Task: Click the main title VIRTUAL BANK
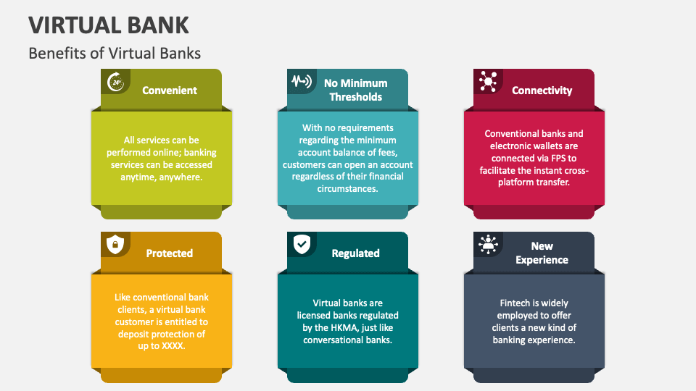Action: pyautogui.click(x=109, y=25)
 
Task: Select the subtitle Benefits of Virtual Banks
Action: pyautogui.click(x=115, y=54)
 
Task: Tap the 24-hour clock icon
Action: pyautogui.click(x=115, y=82)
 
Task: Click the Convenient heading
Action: pyautogui.click(x=170, y=91)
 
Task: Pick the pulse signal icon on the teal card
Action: pyautogui.click(x=301, y=81)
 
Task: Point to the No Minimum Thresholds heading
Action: pyautogui.click(x=355, y=90)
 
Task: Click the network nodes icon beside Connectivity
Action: pyautogui.click(x=487, y=82)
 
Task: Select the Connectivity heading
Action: pyautogui.click(x=542, y=91)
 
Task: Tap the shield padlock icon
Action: pyautogui.click(x=115, y=245)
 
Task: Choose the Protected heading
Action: pyautogui.click(x=169, y=253)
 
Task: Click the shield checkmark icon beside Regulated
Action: pyautogui.click(x=301, y=245)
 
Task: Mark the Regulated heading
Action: pyautogui.click(x=355, y=253)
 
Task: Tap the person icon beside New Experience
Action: pyautogui.click(x=487, y=245)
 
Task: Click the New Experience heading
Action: pyautogui.click(x=542, y=253)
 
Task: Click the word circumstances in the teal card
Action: pyautogui.click(x=347, y=188)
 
